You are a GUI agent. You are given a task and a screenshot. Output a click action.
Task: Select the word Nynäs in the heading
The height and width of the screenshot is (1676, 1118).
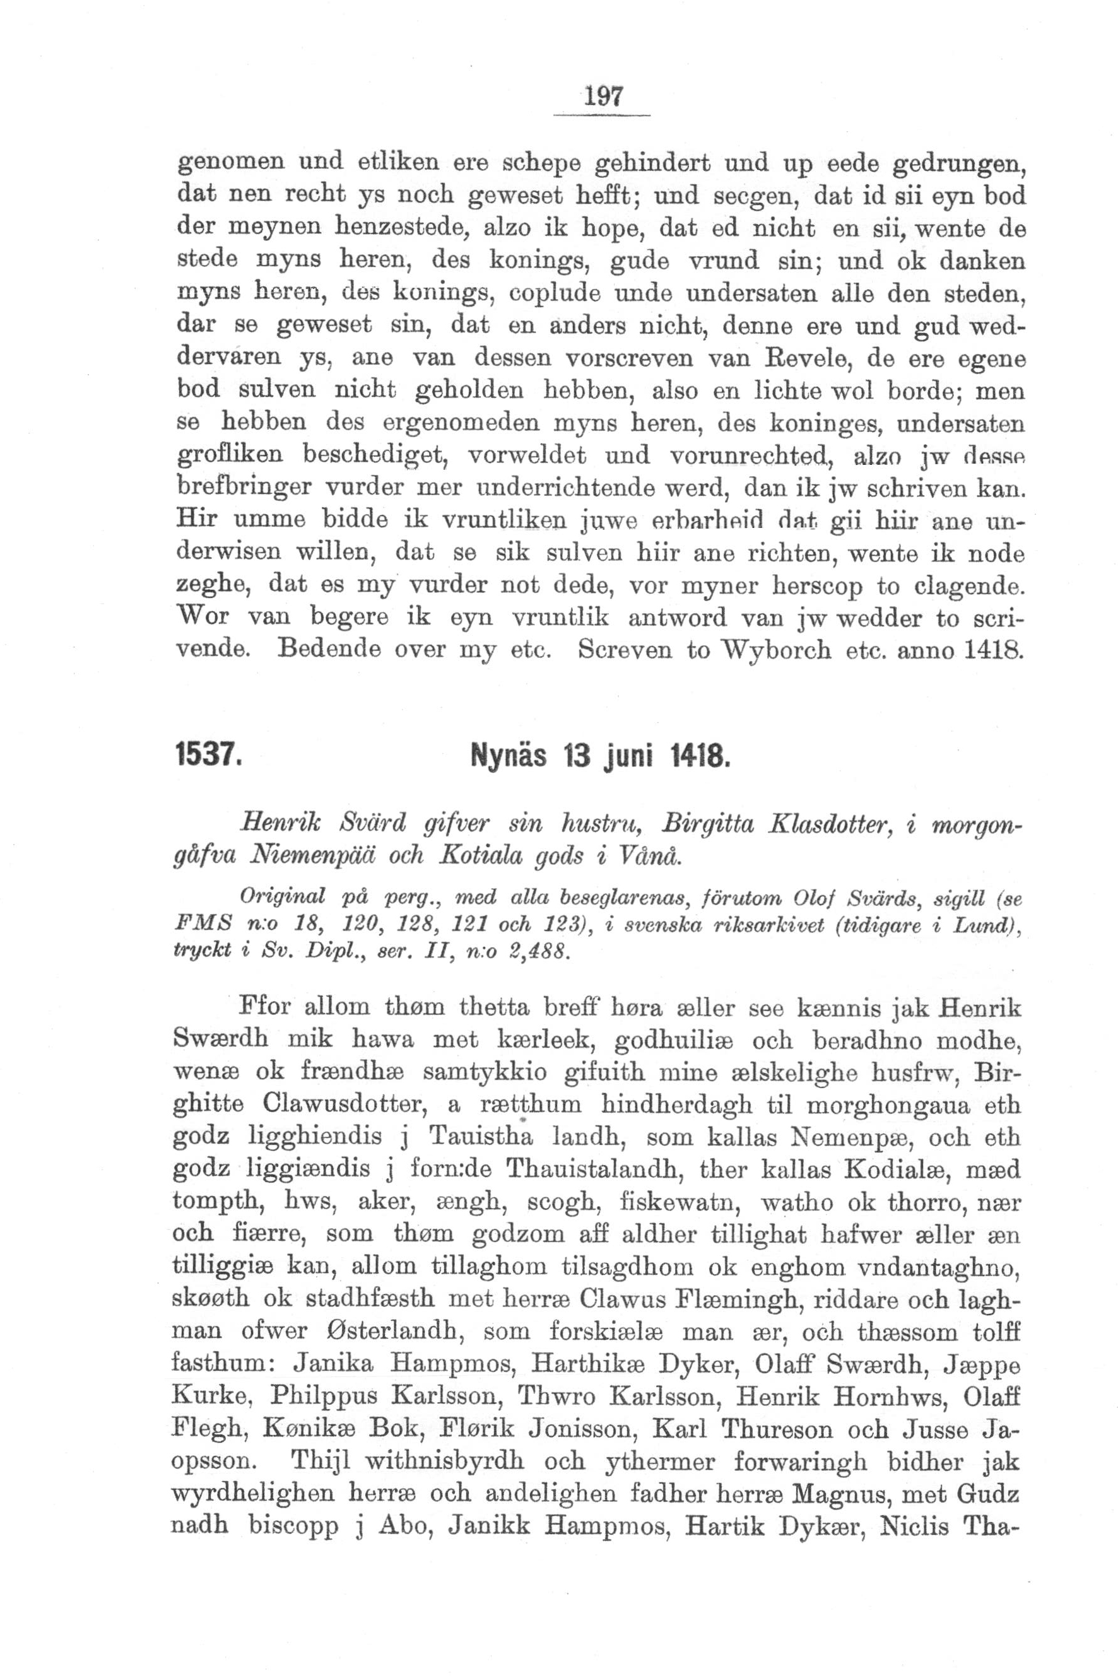point(507,755)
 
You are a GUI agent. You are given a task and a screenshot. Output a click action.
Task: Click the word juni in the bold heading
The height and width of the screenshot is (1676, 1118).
point(631,755)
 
